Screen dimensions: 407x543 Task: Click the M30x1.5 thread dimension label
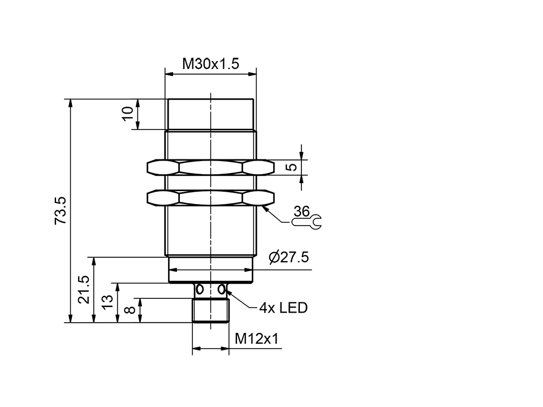click(x=210, y=64)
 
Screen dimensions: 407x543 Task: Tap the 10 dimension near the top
click(x=128, y=112)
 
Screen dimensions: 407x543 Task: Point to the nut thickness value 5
click(x=290, y=167)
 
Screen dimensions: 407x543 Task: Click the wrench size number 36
click(x=302, y=212)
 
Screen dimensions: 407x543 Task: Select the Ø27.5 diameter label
click(x=288, y=258)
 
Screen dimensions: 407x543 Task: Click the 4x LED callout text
click(x=283, y=308)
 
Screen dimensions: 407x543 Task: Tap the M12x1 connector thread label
click(x=257, y=339)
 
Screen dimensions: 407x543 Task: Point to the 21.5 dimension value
click(x=84, y=289)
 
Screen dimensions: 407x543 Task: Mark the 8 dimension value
click(x=129, y=310)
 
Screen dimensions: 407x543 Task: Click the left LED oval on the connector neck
click(x=199, y=290)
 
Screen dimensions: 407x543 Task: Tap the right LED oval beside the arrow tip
click(x=222, y=290)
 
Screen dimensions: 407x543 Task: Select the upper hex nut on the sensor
click(x=210, y=167)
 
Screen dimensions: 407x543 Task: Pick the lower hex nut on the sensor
click(x=210, y=197)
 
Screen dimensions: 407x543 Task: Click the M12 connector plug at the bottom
click(x=210, y=310)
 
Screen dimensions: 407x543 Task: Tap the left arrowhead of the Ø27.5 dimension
click(x=172, y=270)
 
